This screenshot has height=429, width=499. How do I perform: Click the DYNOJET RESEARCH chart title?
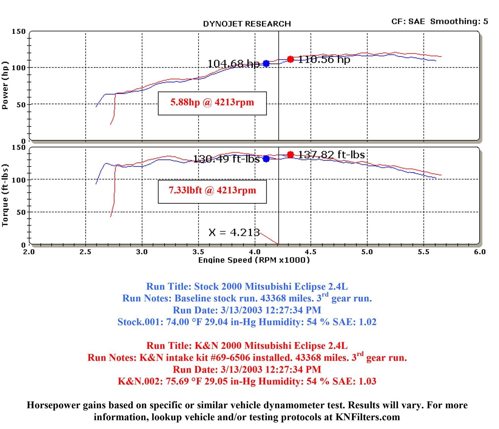coord(247,24)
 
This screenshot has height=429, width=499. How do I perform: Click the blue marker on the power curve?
coord(266,64)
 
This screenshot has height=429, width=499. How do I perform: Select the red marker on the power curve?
coord(290,59)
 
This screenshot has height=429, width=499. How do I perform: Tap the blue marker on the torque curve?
coord(266,159)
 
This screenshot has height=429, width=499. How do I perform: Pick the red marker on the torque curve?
coord(290,154)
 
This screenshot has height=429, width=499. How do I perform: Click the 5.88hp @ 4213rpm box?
coord(212,103)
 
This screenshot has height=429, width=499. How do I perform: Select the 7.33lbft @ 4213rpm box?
coord(212,191)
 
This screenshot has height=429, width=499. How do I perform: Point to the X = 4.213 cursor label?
coord(234,232)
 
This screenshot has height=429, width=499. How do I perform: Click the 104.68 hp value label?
coord(233,64)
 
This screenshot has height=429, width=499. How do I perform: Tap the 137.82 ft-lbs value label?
coord(332,155)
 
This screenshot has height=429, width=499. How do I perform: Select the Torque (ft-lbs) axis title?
coord(5,195)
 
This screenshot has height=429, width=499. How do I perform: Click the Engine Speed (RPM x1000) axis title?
coord(254,260)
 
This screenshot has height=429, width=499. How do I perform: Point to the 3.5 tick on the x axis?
coord(198,252)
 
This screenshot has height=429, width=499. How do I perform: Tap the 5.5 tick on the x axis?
coord(424,252)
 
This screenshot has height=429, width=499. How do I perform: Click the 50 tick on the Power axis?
coord(21,105)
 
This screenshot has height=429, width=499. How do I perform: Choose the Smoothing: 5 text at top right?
coord(459,22)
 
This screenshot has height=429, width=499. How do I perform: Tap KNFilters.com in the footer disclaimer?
coord(368,417)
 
